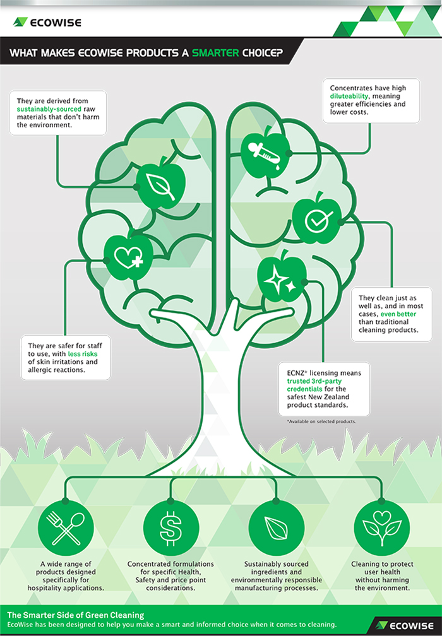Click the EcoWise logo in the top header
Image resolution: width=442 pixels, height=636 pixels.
tap(47, 22)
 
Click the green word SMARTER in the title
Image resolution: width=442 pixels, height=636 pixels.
tap(215, 53)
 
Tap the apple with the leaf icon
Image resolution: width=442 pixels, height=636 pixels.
tap(161, 184)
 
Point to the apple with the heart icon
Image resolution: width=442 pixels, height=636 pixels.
tap(129, 256)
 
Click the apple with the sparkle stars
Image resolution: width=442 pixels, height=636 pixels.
tap(282, 276)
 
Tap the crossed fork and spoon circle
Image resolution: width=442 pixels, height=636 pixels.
tap(66, 527)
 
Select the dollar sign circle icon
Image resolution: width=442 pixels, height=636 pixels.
tap(171, 527)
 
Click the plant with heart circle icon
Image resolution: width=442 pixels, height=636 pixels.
tap(381, 527)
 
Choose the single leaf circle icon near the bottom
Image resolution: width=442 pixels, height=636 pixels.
tap(276, 527)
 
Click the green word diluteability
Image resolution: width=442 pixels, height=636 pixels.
tap(349, 96)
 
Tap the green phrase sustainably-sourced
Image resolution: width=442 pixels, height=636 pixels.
tap(49, 109)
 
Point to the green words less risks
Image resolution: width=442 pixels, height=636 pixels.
tap(82, 354)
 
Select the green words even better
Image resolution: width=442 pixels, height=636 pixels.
tap(398, 314)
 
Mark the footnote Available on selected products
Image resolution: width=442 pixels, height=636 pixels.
tap(321, 421)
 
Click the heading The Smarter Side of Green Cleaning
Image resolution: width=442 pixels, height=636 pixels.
tap(76, 615)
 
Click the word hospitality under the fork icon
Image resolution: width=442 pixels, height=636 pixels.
tap(46, 588)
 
